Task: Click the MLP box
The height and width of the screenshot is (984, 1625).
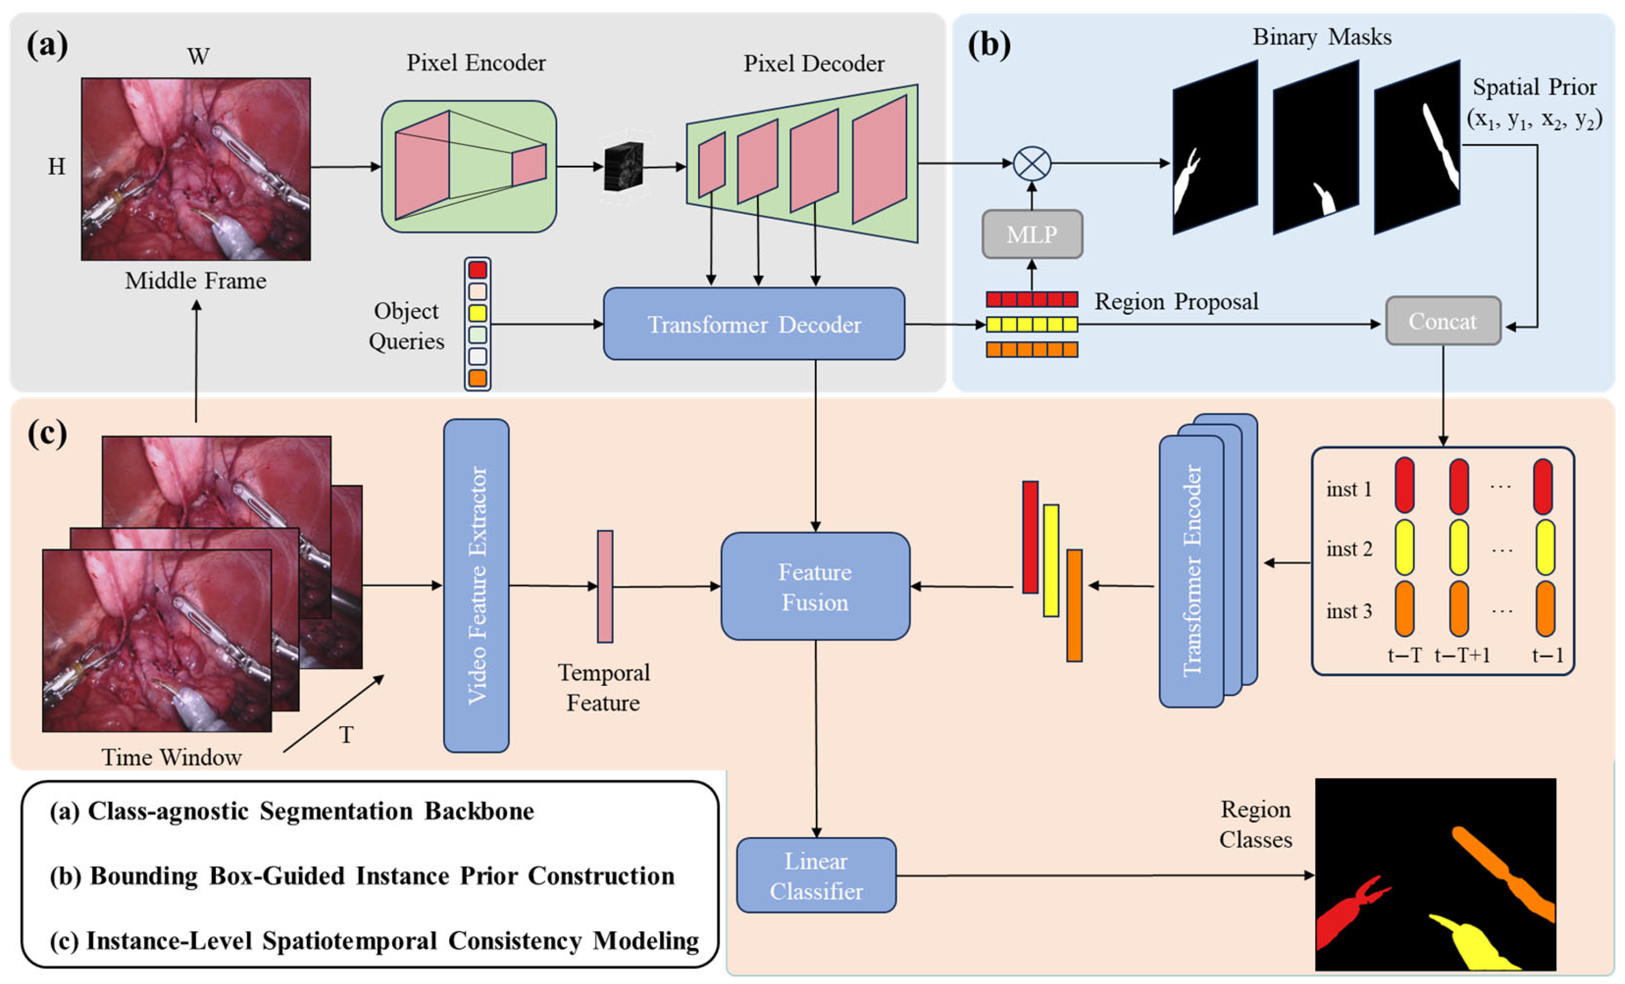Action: (x=1032, y=234)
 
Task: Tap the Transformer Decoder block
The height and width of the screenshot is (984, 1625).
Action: (x=754, y=324)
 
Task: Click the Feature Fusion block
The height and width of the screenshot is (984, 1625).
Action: (x=815, y=586)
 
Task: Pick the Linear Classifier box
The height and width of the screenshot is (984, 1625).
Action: (x=816, y=875)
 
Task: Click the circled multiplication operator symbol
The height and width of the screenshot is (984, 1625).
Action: (x=1032, y=164)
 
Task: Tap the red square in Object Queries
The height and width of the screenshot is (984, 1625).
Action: (x=477, y=270)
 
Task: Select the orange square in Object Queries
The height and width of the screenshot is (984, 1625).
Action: (x=477, y=378)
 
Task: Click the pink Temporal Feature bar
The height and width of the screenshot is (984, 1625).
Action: (x=605, y=586)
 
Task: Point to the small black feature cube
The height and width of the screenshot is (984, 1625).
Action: (x=623, y=167)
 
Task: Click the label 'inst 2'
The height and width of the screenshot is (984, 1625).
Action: (x=1349, y=549)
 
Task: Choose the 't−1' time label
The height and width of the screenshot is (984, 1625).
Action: (x=1547, y=656)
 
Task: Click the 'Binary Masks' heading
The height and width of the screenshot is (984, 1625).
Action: (x=1322, y=37)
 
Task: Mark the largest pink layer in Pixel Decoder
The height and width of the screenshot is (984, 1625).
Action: (x=879, y=159)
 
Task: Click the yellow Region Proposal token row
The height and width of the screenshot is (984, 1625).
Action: (x=1032, y=324)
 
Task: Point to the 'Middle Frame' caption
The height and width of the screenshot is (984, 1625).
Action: (x=196, y=281)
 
